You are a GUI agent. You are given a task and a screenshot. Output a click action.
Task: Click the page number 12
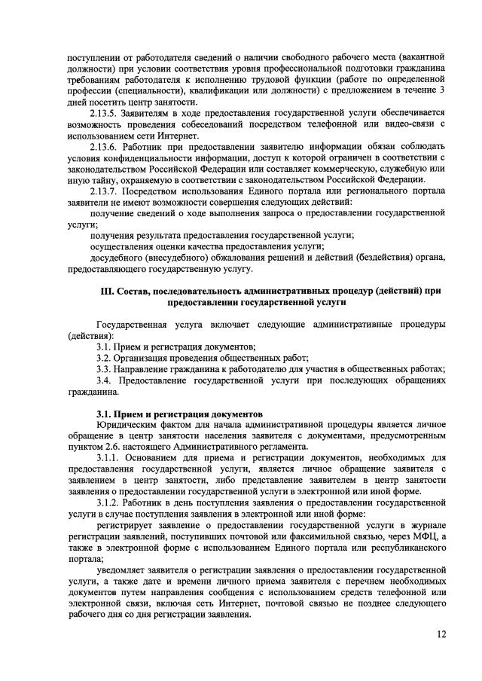pyautogui.click(x=441, y=634)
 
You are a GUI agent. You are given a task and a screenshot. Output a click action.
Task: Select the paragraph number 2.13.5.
pyautogui.click(x=104, y=112)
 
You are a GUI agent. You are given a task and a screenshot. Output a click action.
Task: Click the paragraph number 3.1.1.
pyautogui.click(x=106, y=459)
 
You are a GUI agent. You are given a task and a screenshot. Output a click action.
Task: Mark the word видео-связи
pyautogui.click(x=410, y=124)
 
